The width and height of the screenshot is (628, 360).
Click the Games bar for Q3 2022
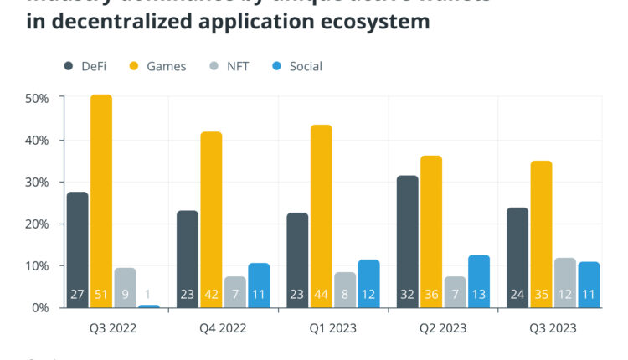tap(101, 201)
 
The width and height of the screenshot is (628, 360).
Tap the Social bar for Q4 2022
tap(259, 285)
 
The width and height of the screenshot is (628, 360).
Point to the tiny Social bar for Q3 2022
tap(149, 306)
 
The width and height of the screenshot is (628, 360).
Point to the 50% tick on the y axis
tap(37, 99)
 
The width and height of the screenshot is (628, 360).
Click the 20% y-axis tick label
tap(37, 224)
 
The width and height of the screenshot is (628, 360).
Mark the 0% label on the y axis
tap(40, 308)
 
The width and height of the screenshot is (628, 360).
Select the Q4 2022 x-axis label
tap(223, 328)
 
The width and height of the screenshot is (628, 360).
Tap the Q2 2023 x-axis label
tap(443, 328)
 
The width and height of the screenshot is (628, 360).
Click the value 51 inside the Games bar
tap(101, 295)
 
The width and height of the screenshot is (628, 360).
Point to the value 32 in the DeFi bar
tap(407, 295)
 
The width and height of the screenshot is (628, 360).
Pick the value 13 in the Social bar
tap(479, 295)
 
